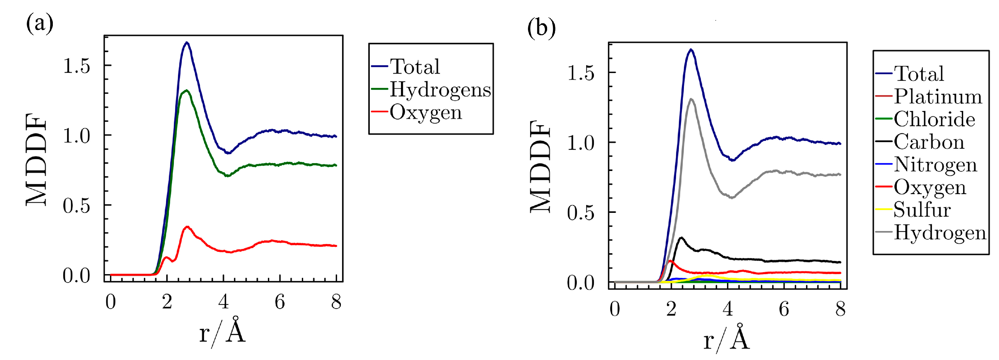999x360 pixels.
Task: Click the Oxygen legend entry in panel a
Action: pyautogui.click(x=425, y=113)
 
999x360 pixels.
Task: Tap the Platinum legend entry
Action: pyautogui.click(x=938, y=97)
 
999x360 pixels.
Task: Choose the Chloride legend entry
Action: pyautogui.click(x=934, y=119)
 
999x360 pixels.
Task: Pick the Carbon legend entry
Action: pyautogui.click(x=929, y=142)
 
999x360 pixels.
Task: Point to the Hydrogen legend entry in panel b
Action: pyautogui.click(x=940, y=233)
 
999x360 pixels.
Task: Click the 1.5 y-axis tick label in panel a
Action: pyautogui.click(x=76, y=66)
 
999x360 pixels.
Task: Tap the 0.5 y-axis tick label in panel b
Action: pyautogui.click(x=580, y=213)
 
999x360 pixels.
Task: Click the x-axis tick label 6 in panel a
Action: pyautogui.click(x=280, y=302)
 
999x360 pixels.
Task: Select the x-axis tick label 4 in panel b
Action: pyautogui.click(x=728, y=309)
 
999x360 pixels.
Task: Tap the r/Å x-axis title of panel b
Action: pyautogui.click(x=726, y=337)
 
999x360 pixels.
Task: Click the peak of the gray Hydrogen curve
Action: pyautogui.click(x=691, y=99)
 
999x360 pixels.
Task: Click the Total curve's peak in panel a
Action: pyautogui.click(x=186, y=43)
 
